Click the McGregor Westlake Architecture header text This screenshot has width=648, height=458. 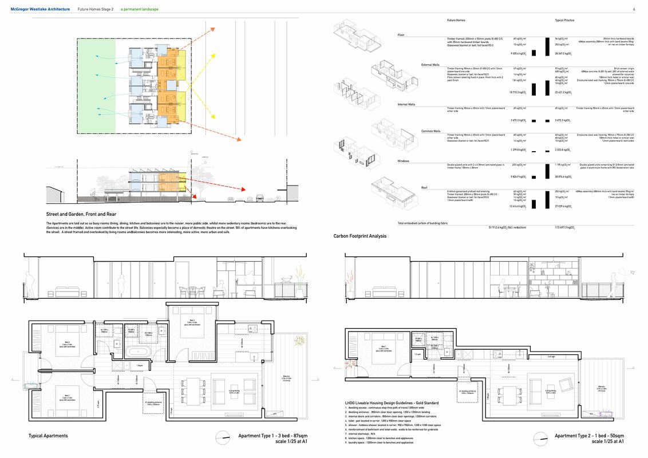point(40,10)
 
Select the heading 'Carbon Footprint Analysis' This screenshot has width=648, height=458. point(360,236)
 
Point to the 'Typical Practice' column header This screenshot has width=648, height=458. point(564,21)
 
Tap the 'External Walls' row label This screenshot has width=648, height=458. point(430,65)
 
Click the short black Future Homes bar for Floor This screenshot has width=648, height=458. point(532,53)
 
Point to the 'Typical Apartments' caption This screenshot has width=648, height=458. point(48,436)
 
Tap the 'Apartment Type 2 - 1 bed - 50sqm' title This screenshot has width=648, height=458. point(589,436)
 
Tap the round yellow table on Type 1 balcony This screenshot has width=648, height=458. point(298,342)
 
